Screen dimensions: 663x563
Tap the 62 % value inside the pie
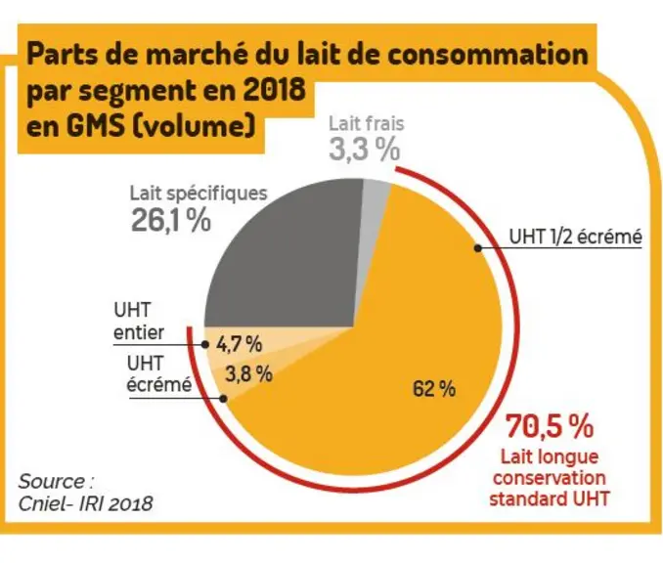pos(434,388)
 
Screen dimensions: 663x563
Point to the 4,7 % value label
pos(239,344)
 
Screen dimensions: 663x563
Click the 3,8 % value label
pos(248,373)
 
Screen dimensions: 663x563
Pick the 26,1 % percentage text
pos(171,220)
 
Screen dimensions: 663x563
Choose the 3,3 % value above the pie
pos(365,150)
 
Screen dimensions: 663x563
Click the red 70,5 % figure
pos(550,426)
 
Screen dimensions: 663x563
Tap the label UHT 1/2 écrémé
pos(575,237)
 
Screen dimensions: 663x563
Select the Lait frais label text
pos(367,124)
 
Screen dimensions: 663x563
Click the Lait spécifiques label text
pos(199,194)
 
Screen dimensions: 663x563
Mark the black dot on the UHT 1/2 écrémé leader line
pos(478,248)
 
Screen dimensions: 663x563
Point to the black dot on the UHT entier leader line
pos(205,344)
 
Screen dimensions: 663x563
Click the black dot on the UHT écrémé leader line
pos(224,399)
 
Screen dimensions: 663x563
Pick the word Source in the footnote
pos(52,482)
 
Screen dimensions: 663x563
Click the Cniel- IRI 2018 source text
pos(85,503)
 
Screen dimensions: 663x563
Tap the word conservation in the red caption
pos(550,478)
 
